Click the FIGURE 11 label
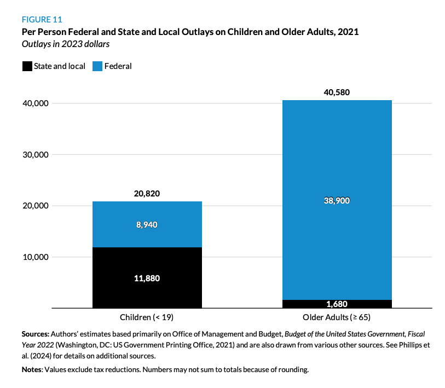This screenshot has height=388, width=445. point(42,20)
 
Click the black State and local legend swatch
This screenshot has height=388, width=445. point(27,66)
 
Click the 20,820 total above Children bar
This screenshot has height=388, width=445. point(147,193)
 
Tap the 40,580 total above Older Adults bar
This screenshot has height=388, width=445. point(337,92)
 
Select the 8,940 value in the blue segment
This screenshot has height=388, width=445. point(147,224)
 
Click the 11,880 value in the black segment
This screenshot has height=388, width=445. point(147,278)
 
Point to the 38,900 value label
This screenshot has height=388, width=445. point(337,200)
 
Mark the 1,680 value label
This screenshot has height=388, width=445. point(337,304)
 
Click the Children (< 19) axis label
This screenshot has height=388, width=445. point(147,317)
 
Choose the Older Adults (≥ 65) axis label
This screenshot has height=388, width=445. point(337,317)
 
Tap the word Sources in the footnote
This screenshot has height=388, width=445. point(36,333)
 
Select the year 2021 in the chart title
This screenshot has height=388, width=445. point(348,32)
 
